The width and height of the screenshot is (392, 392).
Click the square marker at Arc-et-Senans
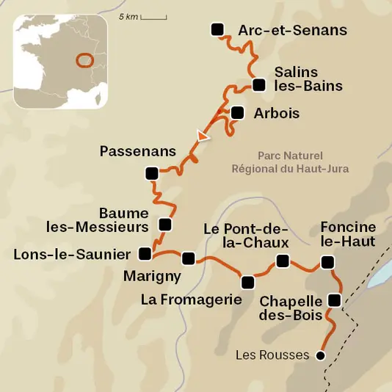coord(217,29)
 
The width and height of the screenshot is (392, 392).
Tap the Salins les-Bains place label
coord(308,79)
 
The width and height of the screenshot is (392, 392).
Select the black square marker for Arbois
coord(236,113)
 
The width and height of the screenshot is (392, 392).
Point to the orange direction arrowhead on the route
coord(202,136)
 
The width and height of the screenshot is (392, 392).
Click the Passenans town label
coord(138,152)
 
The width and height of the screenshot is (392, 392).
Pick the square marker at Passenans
coord(152,174)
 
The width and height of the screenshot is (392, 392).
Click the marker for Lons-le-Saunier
coord(145,254)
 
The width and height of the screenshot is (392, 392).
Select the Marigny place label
coord(153,276)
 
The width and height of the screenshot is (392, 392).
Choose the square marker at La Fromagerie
coord(248,282)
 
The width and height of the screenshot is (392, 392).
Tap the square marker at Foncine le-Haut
coord(327,262)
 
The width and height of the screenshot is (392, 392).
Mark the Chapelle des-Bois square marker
coord(335,300)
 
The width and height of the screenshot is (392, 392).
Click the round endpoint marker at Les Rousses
coord(319,356)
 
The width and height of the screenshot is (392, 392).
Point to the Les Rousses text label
coord(272,355)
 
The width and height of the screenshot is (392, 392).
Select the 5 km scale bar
coord(153,16)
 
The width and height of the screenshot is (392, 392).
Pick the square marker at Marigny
coord(189,258)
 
